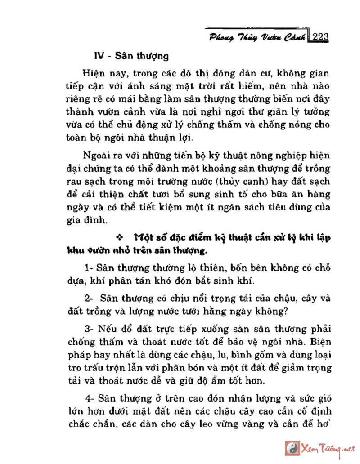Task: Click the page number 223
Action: pos(320,36)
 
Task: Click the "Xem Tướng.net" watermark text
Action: pos(328,448)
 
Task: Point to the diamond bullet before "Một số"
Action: pos(120,237)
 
